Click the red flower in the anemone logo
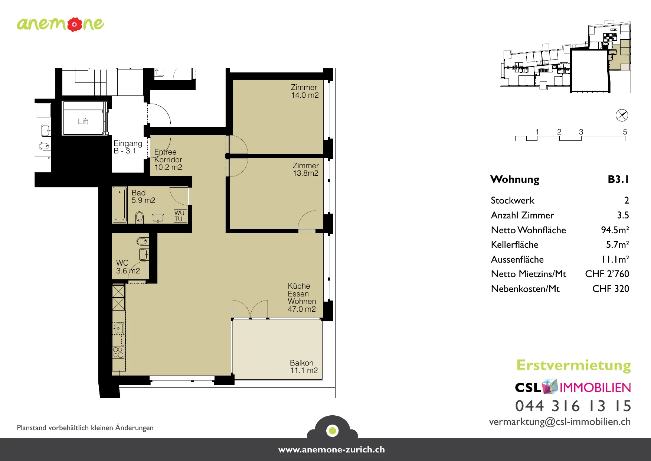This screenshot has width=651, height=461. tap(75, 24)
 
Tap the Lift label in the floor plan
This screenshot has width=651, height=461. tap(83, 121)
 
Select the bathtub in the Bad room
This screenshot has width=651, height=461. tap(120, 205)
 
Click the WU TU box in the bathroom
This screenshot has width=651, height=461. tap(180, 216)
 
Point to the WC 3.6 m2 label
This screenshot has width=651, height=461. tap(128, 267)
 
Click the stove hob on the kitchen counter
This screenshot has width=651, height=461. tap(118, 353)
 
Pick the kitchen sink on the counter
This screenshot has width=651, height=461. tap(119, 328)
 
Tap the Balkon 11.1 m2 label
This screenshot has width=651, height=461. tap(304, 367)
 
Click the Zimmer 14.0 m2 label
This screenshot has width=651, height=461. tap(305, 91)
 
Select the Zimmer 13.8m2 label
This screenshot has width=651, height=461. tap(305, 169)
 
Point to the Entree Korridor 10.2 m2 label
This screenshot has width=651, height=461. tap(168, 160)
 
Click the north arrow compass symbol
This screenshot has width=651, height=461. tap(622, 115)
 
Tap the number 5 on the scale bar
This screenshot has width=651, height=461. tap(625, 132)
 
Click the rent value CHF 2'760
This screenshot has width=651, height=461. tap(607, 274)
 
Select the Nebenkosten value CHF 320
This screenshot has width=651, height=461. tap(611, 289)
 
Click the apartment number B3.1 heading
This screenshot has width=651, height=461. tap(618, 179)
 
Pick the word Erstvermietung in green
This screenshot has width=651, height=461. tap(574, 366)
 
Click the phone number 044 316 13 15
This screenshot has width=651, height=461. tap(573, 406)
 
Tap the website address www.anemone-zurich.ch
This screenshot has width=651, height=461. tap(331, 449)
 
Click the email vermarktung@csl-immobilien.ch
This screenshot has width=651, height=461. tap(560, 422)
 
